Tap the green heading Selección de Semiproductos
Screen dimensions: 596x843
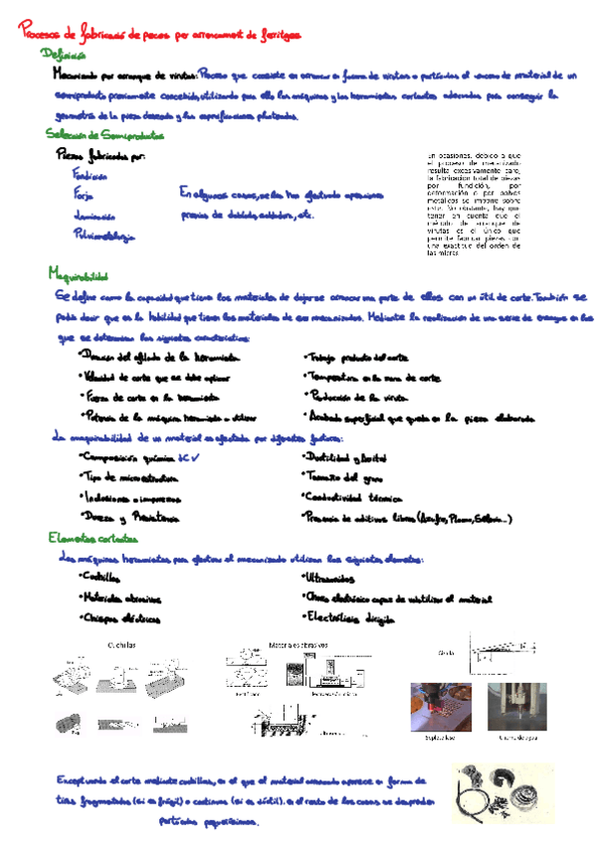(105, 134)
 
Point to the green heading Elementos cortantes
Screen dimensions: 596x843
(92, 538)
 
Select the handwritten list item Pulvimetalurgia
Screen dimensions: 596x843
(104, 235)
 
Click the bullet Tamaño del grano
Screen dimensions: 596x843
(343, 478)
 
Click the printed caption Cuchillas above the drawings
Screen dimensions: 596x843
(124, 645)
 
